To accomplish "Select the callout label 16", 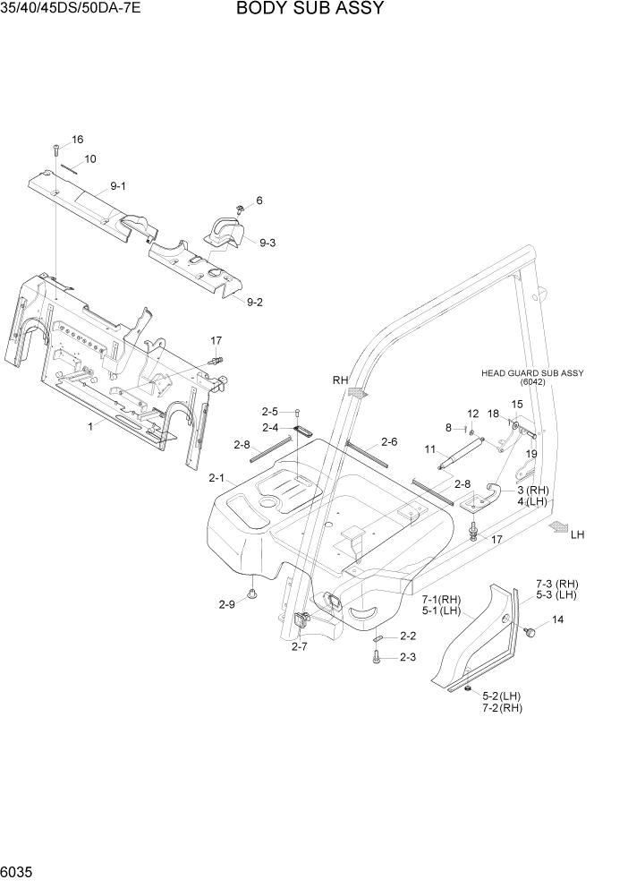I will [77, 140].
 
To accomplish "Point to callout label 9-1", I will [118, 186].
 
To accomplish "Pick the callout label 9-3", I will [267, 243].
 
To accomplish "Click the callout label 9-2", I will [254, 302].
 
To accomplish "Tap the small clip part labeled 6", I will [242, 209].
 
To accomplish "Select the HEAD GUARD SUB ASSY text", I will [532, 373].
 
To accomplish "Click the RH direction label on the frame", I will [340, 380].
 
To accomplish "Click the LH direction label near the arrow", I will [577, 534].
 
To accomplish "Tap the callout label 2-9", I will [226, 605].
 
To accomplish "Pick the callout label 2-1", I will [217, 479].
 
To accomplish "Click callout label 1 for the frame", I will [90, 427].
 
